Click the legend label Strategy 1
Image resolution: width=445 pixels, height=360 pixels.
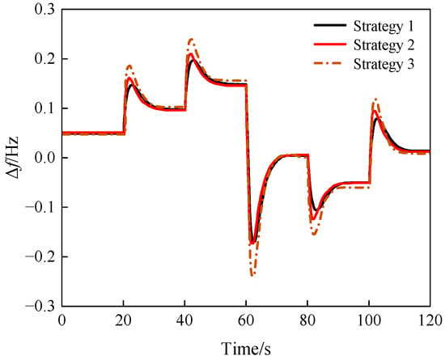click(384, 27)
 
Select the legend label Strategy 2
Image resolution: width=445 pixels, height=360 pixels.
click(384, 45)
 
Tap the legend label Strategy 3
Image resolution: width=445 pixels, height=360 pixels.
click(384, 64)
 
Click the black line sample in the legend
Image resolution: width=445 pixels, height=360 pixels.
click(330, 25)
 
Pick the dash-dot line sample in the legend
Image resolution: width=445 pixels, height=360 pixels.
click(330, 62)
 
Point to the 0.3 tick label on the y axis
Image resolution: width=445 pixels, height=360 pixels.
click(44, 10)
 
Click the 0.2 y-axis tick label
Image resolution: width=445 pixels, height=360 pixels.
click(44, 59)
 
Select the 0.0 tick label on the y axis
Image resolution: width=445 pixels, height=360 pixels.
click(44, 158)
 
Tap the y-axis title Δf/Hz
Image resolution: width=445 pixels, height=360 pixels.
click(13, 158)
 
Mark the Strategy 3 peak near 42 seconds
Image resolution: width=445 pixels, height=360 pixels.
click(191, 40)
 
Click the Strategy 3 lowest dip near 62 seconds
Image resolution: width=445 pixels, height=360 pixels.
click(252, 274)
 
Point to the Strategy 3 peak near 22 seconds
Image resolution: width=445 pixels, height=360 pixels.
click(129, 66)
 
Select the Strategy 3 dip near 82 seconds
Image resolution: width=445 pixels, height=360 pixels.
click(314, 234)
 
